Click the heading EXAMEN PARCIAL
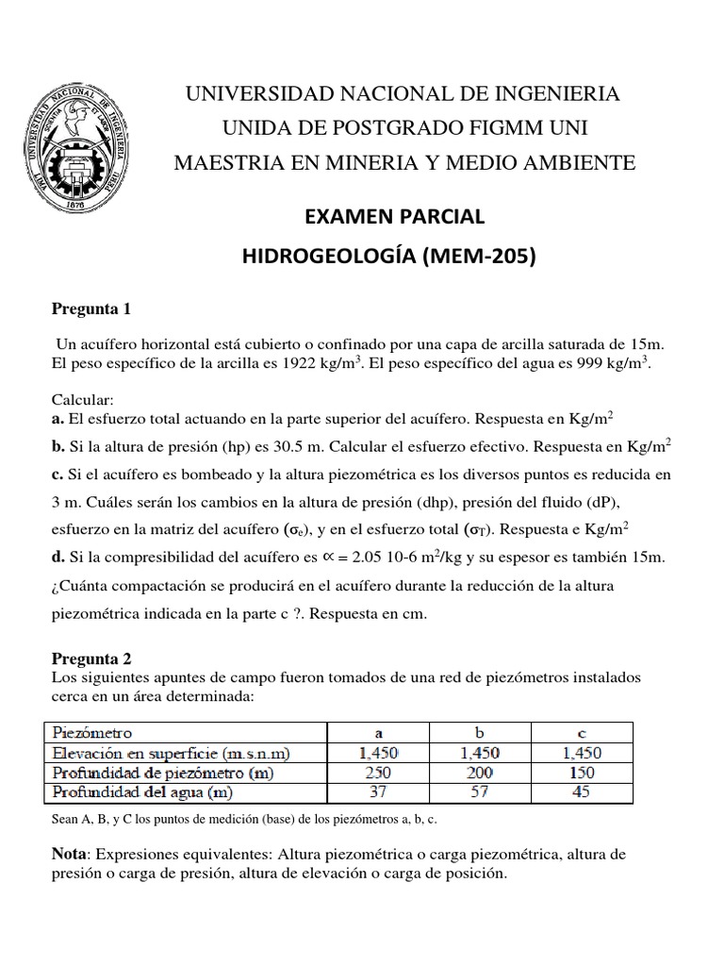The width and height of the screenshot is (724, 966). tap(393, 216)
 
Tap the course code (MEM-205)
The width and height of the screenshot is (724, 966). tap(481, 254)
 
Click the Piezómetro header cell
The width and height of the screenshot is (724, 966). tap(94, 732)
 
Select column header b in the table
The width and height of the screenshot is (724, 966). tap(480, 732)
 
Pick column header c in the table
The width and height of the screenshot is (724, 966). tap(581, 732)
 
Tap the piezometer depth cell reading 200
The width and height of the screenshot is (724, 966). tap(480, 772)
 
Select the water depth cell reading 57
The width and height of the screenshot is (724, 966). tap(480, 791)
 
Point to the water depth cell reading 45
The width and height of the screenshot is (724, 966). tap(581, 791)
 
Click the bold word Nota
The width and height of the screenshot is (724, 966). tap(67, 854)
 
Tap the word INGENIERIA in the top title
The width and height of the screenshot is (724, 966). tap(554, 94)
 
